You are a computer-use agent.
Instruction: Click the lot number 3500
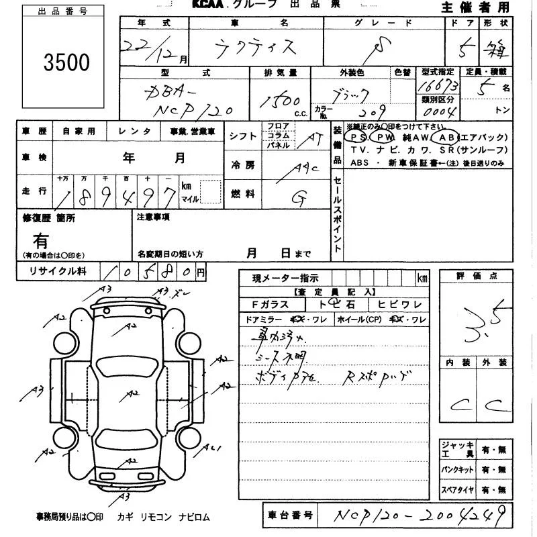[66, 62]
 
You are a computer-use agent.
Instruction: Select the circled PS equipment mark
[359, 136]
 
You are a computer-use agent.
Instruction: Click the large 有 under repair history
[41, 240]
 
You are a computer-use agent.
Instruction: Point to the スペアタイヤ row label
[458, 490]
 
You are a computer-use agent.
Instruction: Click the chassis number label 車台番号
[290, 516]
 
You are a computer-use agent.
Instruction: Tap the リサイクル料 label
[56, 271]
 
